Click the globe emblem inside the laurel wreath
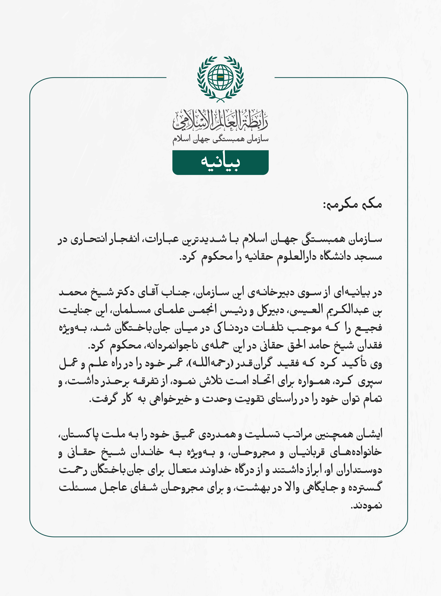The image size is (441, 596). click(220, 77)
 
